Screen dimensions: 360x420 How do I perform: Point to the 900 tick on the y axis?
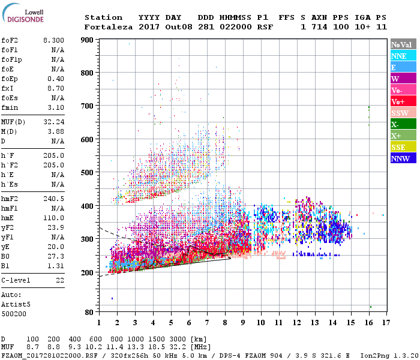[x=87, y=40]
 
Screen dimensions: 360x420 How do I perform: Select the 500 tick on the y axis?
[x=87, y=173]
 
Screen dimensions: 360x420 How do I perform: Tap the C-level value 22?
[x=59, y=280]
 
